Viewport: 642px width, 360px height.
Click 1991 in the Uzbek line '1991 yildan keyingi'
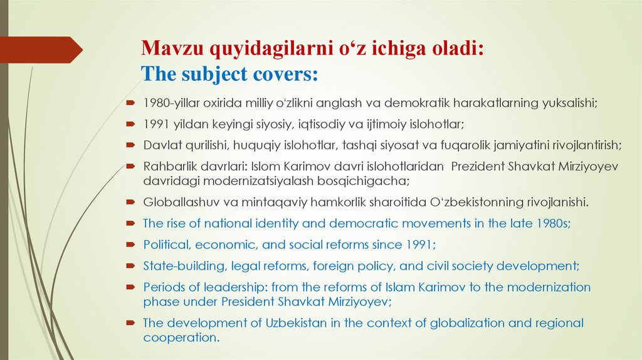point(155,124)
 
